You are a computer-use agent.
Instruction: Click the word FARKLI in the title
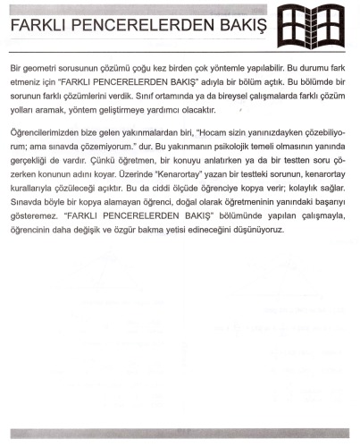coord(33,27)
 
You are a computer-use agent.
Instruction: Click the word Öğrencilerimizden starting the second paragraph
coord(48,133)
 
